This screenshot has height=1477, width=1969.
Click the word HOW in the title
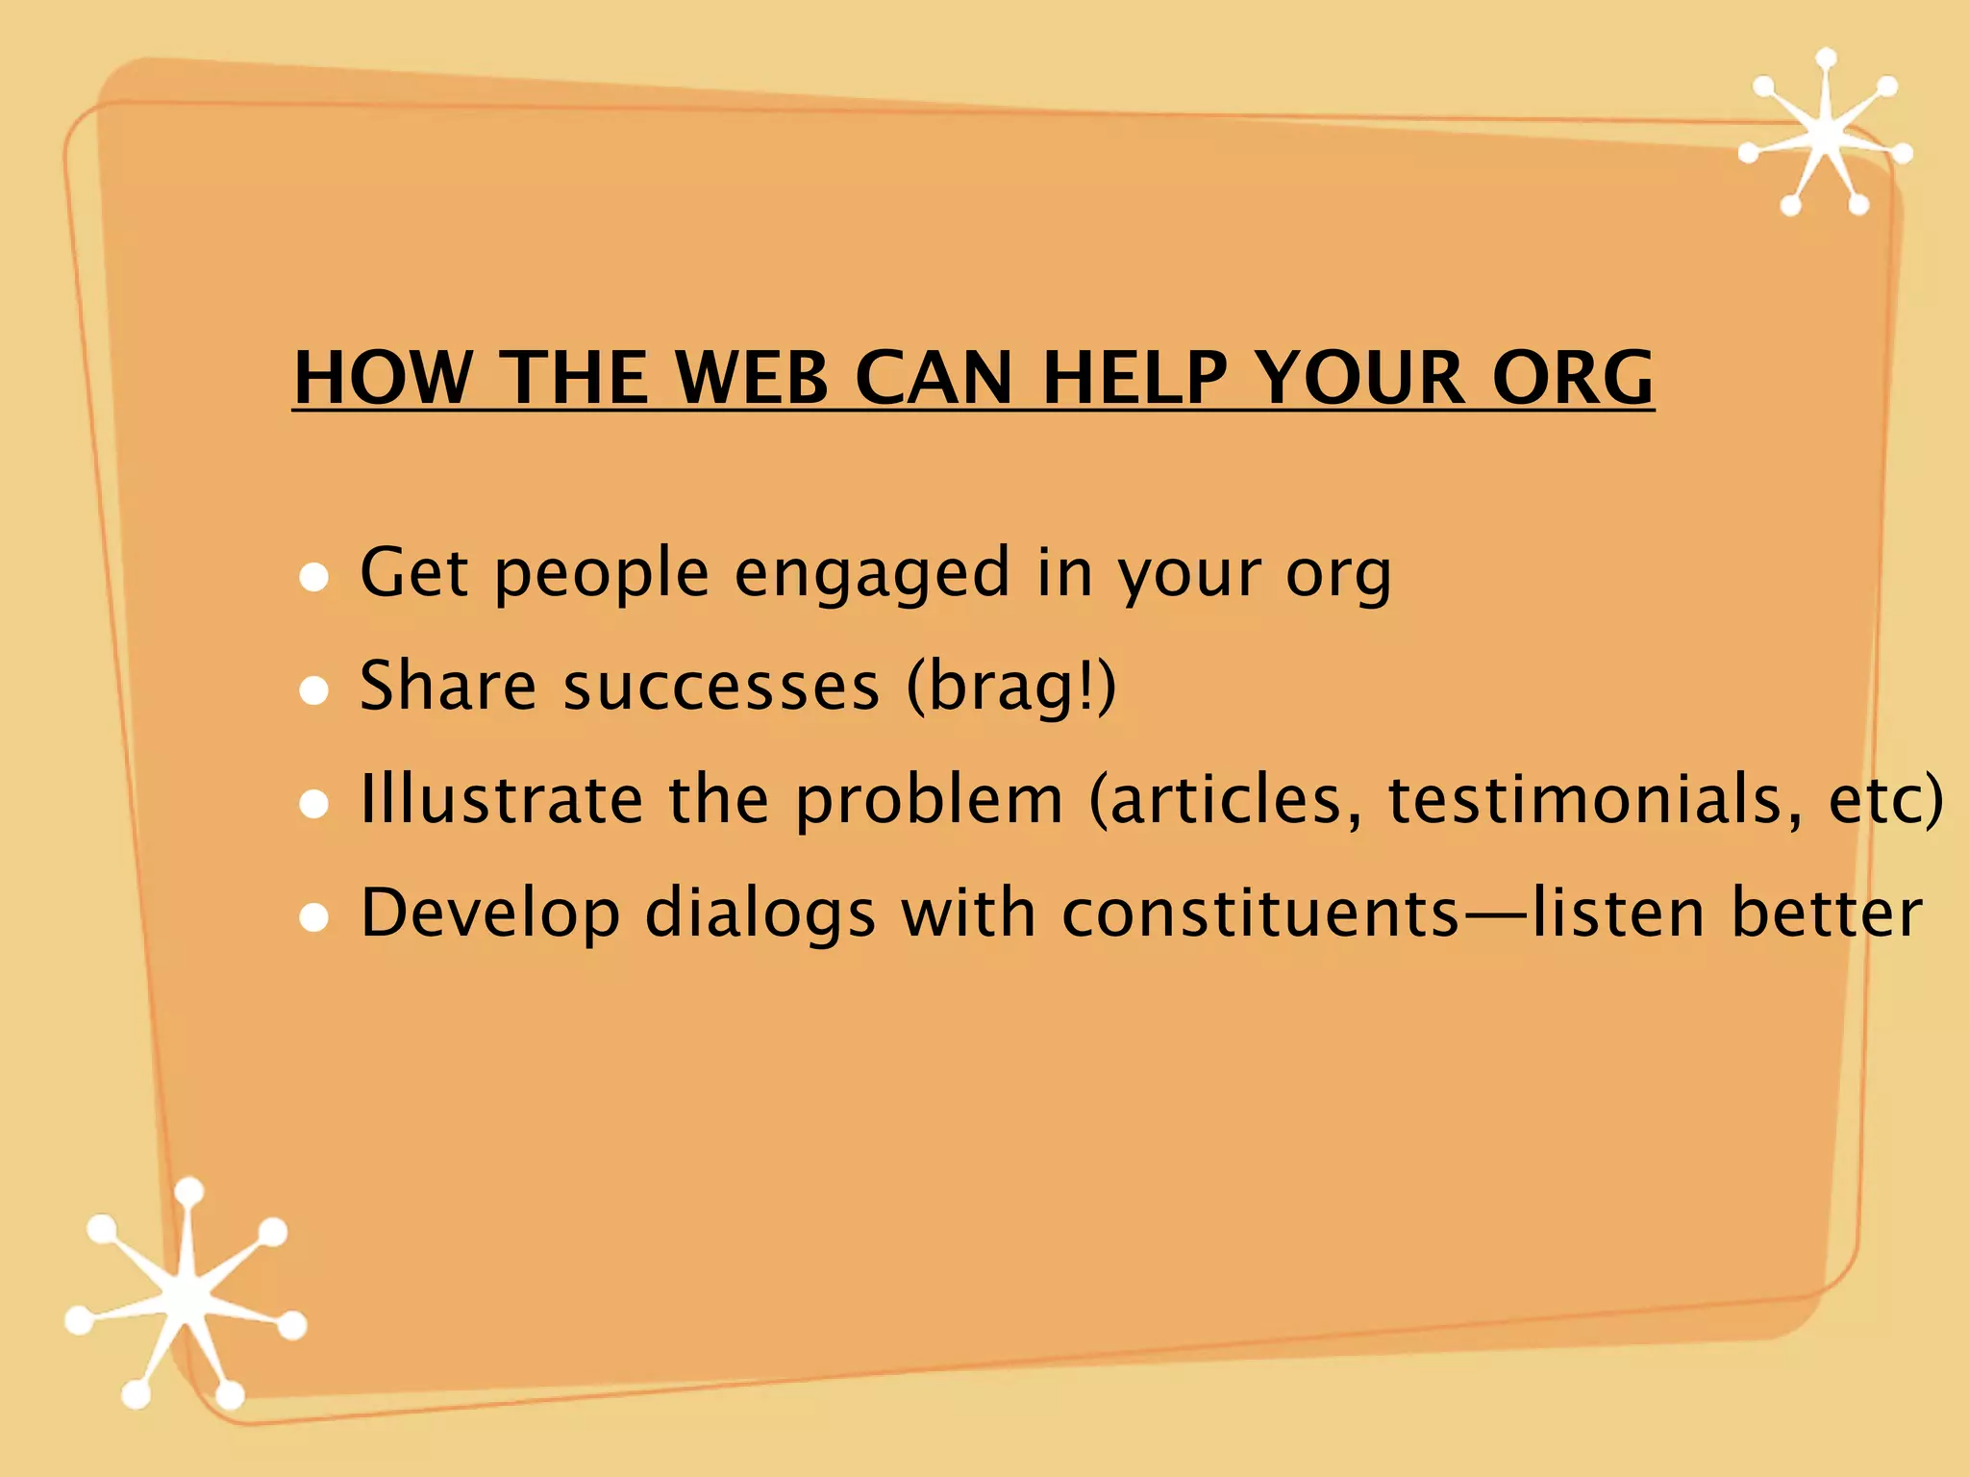(384, 377)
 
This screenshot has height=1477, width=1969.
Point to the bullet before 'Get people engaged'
(314, 577)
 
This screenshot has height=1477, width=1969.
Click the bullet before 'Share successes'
(314, 690)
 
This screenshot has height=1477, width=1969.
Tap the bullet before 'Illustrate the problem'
(314, 804)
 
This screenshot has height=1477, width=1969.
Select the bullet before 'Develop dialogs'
(314, 917)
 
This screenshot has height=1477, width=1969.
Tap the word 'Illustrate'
(501, 800)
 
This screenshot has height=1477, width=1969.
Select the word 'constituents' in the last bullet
(1260, 914)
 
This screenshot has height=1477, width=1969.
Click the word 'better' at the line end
(1826, 914)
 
